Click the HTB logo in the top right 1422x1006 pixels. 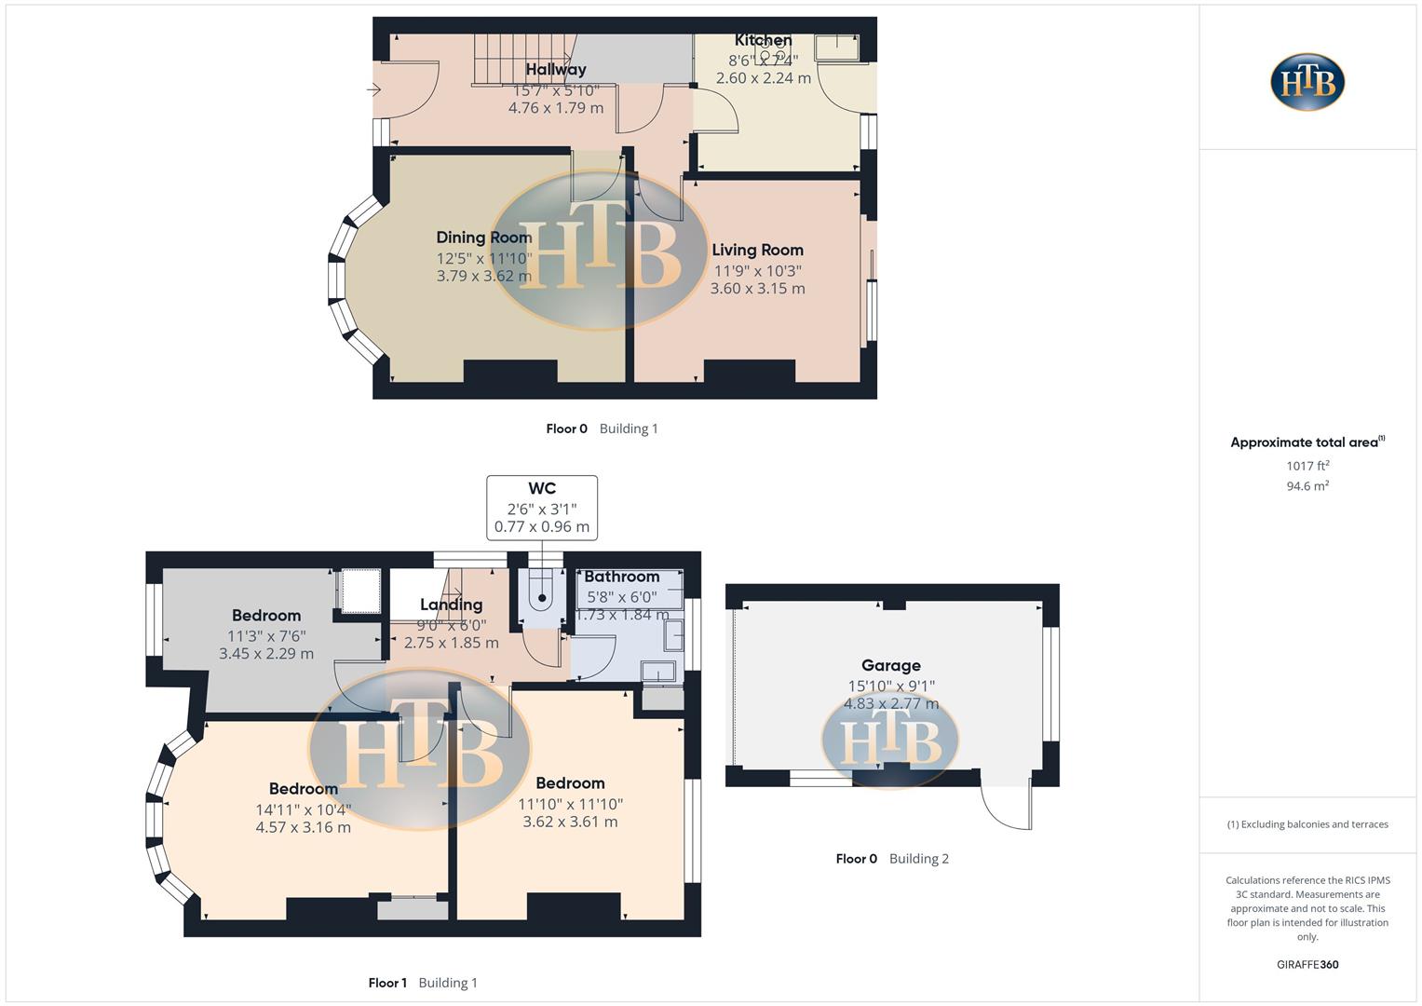click(x=1307, y=82)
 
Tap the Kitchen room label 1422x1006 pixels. click(x=763, y=40)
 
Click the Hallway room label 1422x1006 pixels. click(x=555, y=70)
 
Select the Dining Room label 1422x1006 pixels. click(x=483, y=238)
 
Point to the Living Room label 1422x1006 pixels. click(x=757, y=250)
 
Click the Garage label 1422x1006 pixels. click(x=890, y=665)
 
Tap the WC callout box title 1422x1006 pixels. click(x=542, y=488)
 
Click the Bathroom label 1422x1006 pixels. click(x=621, y=577)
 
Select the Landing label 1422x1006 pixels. click(x=451, y=605)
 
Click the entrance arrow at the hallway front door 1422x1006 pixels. click(x=374, y=90)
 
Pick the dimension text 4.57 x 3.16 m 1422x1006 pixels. click(x=303, y=827)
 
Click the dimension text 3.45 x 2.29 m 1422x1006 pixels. click(x=266, y=654)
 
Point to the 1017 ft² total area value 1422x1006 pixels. click(x=1307, y=466)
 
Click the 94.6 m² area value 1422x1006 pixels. click(x=1307, y=486)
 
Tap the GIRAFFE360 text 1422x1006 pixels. click(x=1307, y=965)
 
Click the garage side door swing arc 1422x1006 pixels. click(x=1006, y=803)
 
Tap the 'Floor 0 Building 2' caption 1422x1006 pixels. click(x=891, y=859)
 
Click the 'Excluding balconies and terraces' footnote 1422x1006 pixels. click(x=1307, y=824)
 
